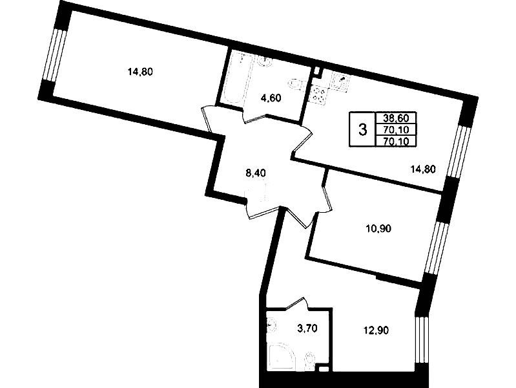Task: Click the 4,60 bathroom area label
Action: click(x=271, y=98)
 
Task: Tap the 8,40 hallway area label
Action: click(x=256, y=173)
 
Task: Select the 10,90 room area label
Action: click(x=378, y=228)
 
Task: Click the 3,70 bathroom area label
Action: click(x=307, y=329)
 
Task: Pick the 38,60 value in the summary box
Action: click(x=396, y=118)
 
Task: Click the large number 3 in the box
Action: click(x=362, y=129)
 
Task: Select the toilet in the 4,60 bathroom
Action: click(x=295, y=83)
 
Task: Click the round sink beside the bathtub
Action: click(x=265, y=61)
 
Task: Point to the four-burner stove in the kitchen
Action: click(x=317, y=94)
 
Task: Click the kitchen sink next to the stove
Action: click(x=341, y=81)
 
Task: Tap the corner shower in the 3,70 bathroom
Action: click(x=282, y=357)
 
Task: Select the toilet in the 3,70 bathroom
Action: click(x=310, y=360)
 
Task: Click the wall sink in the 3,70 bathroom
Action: click(x=271, y=325)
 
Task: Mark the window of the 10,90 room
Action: click(x=435, y=247)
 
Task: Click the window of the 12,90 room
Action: click(x=421, y=339)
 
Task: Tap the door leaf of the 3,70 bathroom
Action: click(x=296, y=303)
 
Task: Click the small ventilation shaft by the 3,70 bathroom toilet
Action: click(x=324, y=369)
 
